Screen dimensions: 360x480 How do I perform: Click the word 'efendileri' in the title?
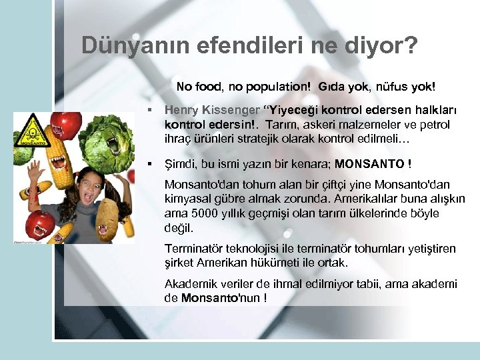click(234, 45)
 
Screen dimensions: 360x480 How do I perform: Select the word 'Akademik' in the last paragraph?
click(189, 285)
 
